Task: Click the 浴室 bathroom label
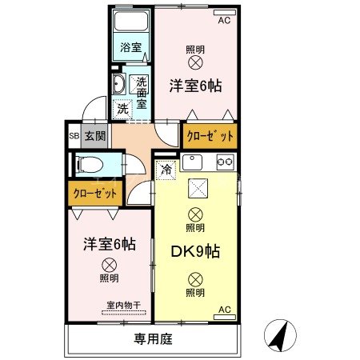[x=130, y=47]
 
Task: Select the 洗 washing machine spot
[x=123, y=108]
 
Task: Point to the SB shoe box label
[x=74, y=136]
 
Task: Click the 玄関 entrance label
[x=95, y=136]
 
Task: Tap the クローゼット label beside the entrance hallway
[x=210, y=136]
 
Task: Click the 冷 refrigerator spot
[x=166, y=169]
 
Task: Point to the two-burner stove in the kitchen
[x=225, y=162]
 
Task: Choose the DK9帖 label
[x=196, y=250]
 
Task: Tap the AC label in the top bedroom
[x=224, y=20]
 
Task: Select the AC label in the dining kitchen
[x=224, y=310]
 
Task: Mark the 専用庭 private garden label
[x=154, y=339]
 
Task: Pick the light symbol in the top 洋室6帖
[x=194, y=62]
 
